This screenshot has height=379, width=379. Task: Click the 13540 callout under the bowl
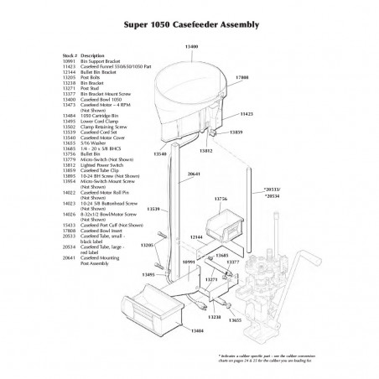click(x=161, y=154)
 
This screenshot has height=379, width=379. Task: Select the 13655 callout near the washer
click(x=236, y=319)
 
